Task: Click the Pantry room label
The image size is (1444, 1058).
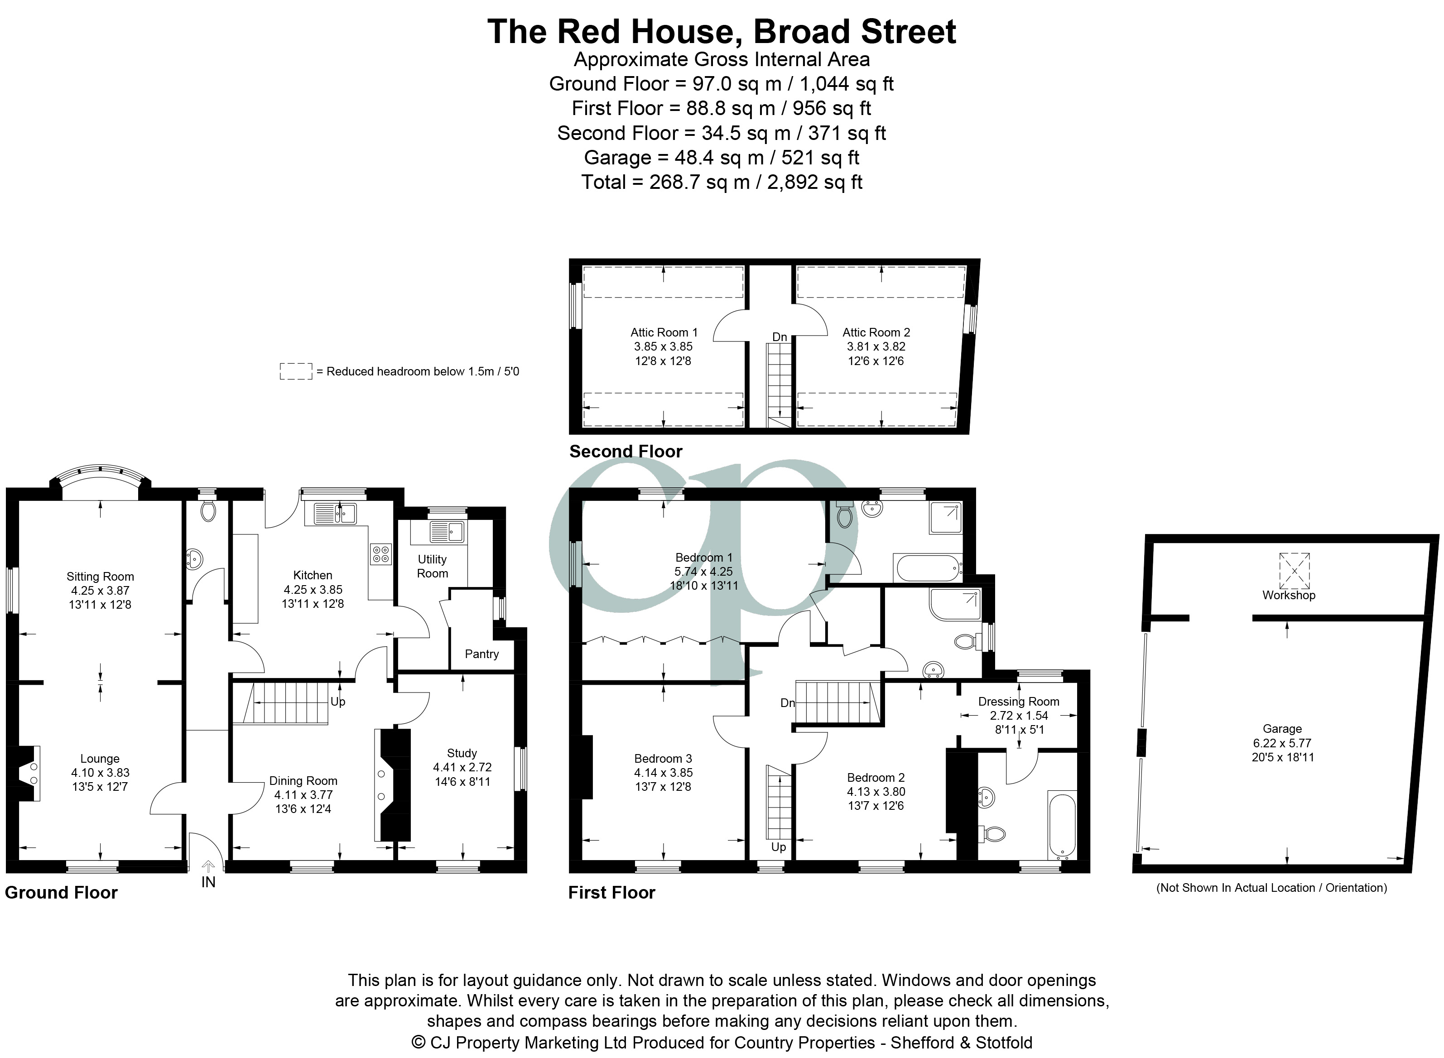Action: (481, 654)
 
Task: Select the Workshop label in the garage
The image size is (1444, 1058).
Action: (1288, 595)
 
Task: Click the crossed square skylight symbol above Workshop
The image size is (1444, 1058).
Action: (1294, 571)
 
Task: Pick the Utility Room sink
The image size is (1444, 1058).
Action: (448, 532)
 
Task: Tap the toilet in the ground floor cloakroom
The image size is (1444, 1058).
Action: (207, 510)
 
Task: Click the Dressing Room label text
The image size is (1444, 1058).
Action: (1019, 701)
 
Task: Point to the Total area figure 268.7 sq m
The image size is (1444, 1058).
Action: (699, 183)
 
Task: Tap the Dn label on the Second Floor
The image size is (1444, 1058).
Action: (780, 337)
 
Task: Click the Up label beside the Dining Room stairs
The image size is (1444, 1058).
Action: (338, 702)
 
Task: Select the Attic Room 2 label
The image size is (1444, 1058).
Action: (876, 332)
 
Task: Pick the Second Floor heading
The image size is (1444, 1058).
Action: (626, 452)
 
